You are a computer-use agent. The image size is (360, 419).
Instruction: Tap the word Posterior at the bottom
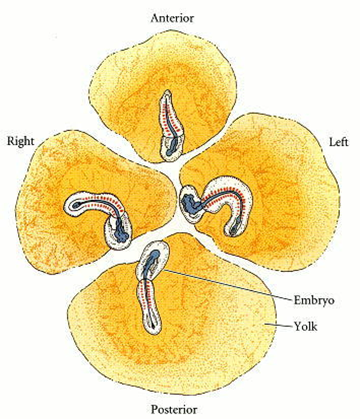pyautogui.click(x=173, y=409)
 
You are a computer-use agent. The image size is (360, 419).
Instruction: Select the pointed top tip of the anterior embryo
pyautogui.click(x=166, y=93)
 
